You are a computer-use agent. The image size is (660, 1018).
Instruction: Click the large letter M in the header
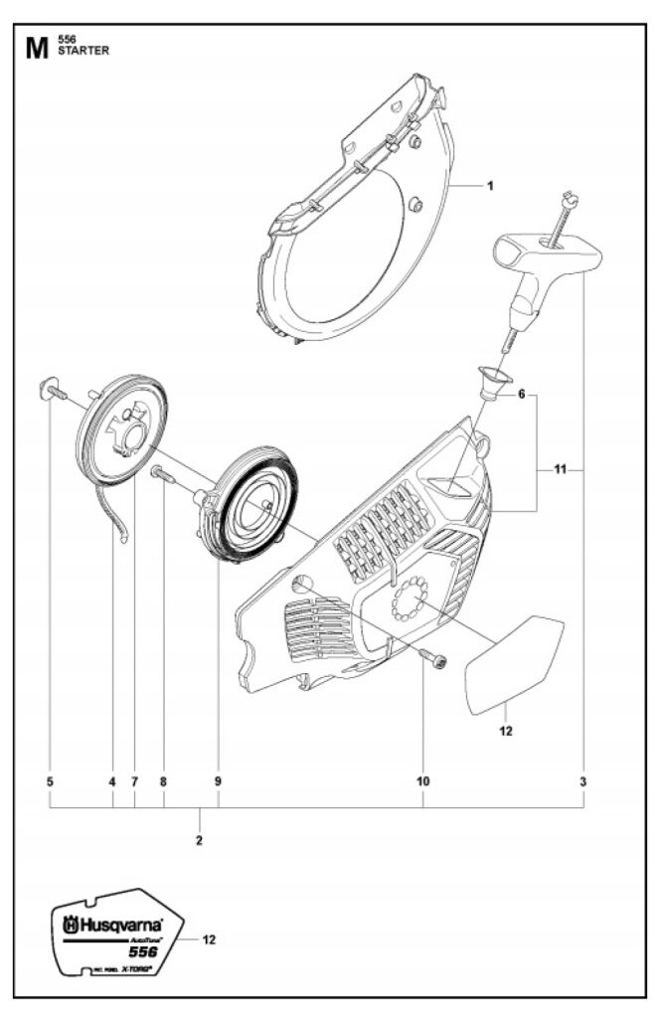click(35, 47)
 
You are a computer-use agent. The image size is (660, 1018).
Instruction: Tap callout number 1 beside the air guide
click(490, 185)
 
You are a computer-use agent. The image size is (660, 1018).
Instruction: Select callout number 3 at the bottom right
click(583, 782)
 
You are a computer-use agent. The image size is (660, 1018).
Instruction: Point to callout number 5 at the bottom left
click(50, 782)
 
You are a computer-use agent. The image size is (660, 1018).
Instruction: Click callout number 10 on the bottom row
click(423, 782)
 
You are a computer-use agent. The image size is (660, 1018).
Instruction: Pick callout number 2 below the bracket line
click(200, 841)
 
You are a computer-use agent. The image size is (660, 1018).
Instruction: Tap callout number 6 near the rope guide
click(519, 395)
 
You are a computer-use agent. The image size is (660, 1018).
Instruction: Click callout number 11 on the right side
click(561, 469)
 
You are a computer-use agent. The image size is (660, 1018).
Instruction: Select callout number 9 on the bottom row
click(218, 782)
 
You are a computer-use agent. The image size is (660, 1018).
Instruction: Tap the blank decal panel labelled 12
click(514, 662)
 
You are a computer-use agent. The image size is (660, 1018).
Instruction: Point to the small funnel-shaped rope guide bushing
click(490, 381)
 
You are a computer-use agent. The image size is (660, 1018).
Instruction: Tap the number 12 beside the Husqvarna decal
click(209, 937)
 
